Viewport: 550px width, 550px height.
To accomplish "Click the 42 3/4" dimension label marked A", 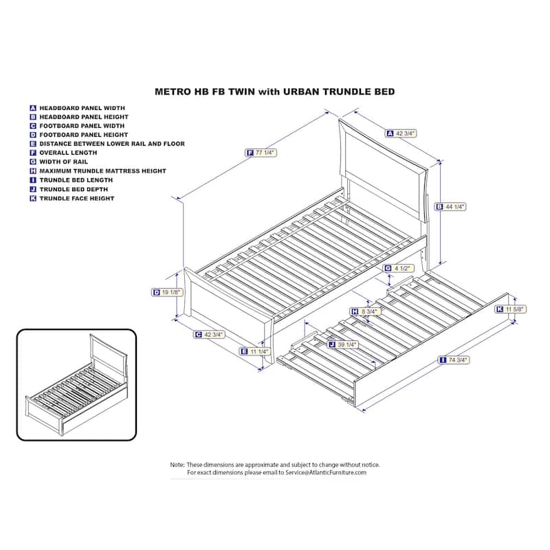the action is [401, 133].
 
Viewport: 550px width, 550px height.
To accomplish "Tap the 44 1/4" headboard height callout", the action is [451, 207].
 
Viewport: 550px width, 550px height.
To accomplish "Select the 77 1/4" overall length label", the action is [261, 153].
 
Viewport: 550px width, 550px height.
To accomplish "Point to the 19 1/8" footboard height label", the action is [167, 292].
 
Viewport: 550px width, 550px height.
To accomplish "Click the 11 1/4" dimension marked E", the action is [255, 351].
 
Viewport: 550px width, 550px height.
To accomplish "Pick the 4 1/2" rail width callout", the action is [399, 268].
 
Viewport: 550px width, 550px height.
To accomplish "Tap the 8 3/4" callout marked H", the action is [365, 311].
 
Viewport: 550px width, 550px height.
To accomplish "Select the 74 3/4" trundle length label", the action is [454, 360].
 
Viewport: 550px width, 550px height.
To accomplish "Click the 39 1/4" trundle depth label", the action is [342, 345].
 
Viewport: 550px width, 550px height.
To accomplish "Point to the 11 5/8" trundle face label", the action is [511, 309].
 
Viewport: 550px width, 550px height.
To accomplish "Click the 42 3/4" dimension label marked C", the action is [210, 335].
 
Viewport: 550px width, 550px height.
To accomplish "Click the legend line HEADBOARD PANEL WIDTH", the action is [78, 108].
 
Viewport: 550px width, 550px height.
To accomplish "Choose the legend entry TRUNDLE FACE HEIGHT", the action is [72, 199].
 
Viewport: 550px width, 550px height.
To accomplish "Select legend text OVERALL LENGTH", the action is [63, 153].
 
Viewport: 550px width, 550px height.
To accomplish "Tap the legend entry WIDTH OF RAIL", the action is [59, 162].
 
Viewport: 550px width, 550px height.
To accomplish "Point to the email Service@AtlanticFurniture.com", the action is [326, 472].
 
